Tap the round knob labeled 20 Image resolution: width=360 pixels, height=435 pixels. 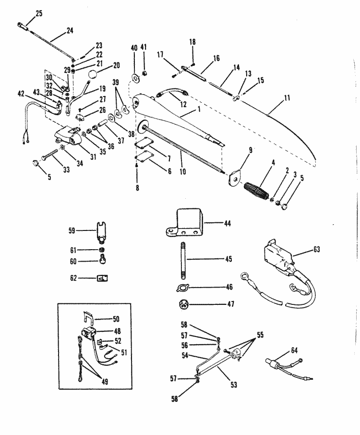(x=93, y=74)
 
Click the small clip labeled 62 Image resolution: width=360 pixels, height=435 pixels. (x=102, y=278)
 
